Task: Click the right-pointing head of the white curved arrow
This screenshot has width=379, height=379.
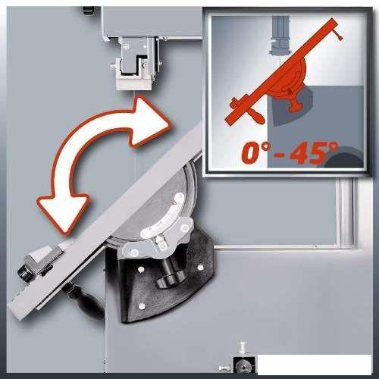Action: [149, 121]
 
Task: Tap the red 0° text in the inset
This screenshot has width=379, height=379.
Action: [256, 152]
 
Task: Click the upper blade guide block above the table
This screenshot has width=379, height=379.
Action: [134, 64]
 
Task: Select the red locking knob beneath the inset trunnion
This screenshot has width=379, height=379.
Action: [295, 104]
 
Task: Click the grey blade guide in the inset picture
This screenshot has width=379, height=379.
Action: [280, 38]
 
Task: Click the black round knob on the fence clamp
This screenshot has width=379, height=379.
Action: [24, 273]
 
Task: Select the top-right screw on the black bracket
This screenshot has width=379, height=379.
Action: [200, 267]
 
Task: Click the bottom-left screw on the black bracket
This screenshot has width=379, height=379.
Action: [142, 306]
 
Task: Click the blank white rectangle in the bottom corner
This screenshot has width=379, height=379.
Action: [315, 365]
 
